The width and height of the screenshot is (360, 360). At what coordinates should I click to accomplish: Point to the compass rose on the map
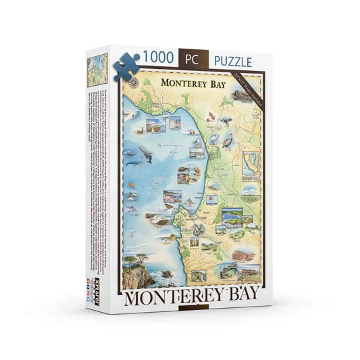(134, 83)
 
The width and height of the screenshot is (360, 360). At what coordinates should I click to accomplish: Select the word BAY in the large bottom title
(241, 295)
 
